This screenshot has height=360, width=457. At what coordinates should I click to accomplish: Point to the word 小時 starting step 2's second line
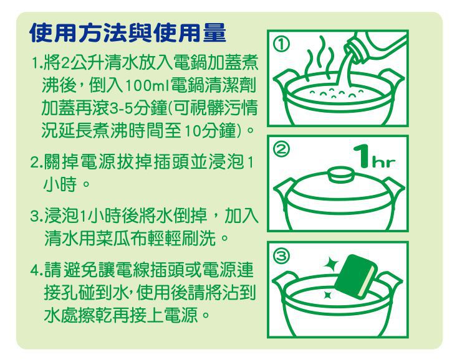[59, 186]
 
